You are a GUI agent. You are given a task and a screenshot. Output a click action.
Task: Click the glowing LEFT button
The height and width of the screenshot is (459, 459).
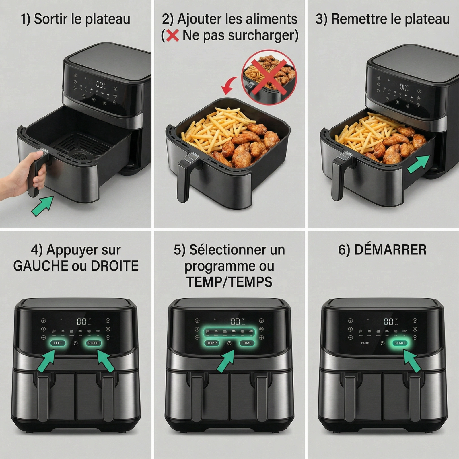58,343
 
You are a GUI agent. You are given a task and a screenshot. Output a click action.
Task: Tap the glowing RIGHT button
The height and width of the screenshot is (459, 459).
94,343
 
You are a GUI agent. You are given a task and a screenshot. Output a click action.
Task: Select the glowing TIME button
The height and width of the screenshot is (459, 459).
247,343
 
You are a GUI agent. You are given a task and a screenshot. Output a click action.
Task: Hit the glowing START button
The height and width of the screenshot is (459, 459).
400,343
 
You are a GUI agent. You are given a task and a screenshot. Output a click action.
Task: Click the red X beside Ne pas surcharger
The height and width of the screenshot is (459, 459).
172,36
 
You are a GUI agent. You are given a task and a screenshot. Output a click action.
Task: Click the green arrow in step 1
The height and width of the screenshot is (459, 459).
42,205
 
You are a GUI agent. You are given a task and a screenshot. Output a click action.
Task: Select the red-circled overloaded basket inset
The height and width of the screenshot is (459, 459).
269,77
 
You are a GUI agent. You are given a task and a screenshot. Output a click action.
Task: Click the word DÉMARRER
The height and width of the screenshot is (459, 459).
390,250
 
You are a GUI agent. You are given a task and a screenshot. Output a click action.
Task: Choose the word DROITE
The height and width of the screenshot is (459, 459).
115,266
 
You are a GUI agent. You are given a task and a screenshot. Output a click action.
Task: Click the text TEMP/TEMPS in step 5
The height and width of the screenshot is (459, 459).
229,282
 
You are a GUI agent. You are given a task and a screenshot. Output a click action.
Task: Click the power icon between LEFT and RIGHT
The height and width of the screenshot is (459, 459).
75,343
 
